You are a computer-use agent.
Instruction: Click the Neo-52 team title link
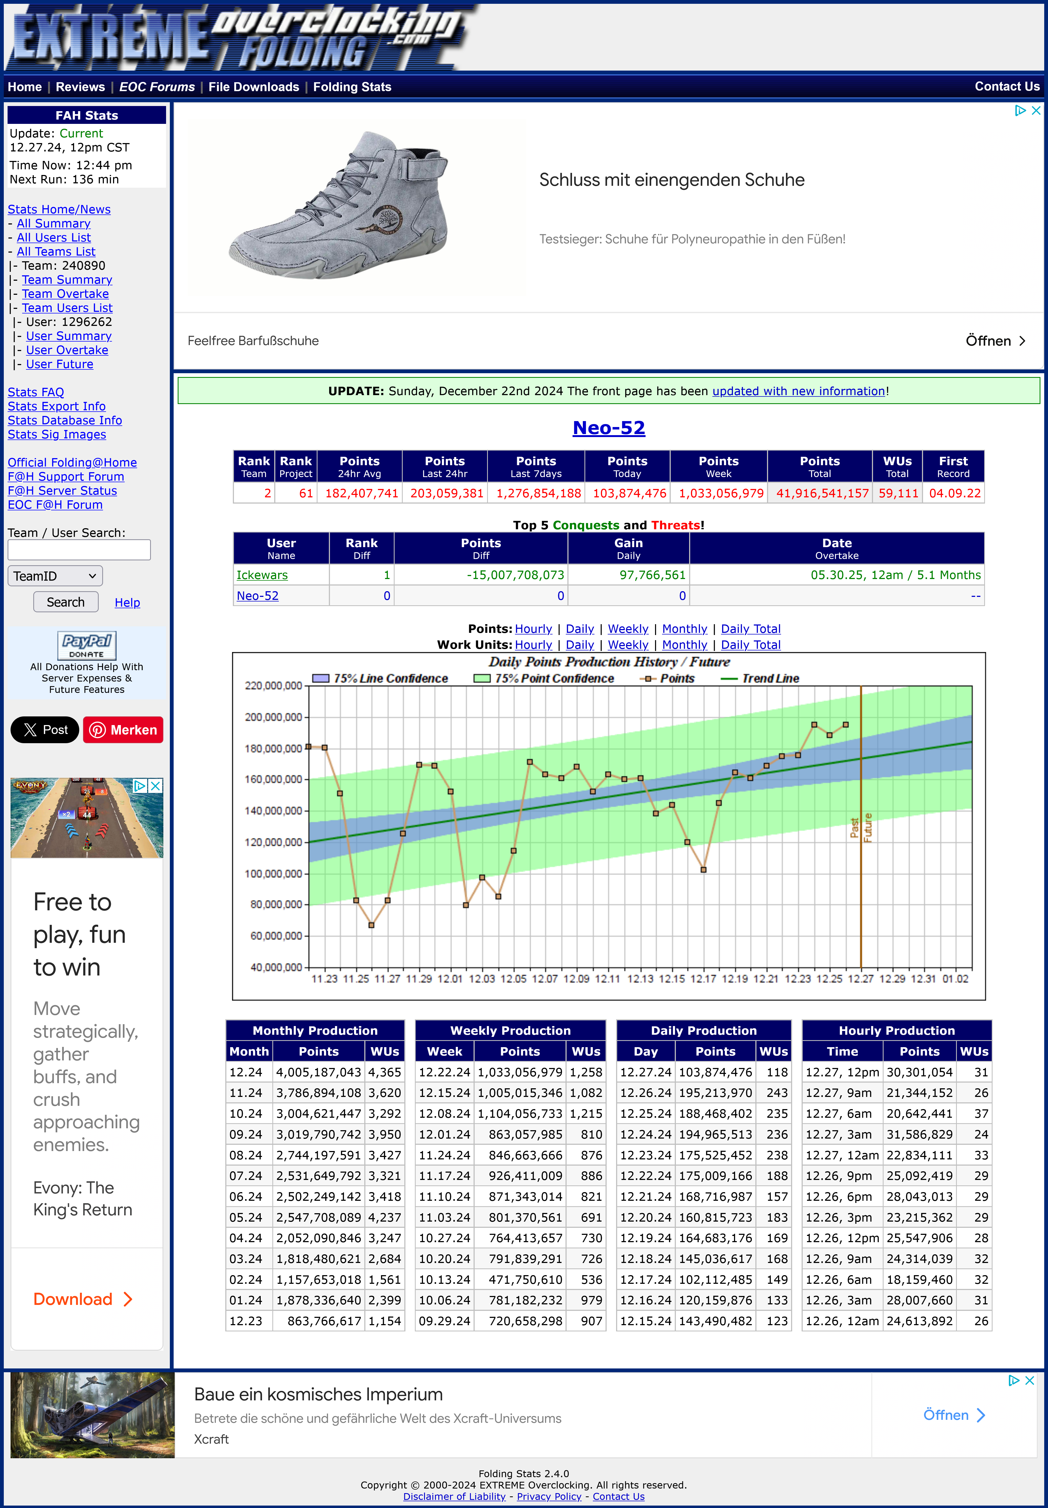pos(609,428)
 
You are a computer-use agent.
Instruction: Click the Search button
pos(66,602)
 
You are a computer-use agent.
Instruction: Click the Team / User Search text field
pos(79,550)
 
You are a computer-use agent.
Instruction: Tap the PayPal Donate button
pos(87,645)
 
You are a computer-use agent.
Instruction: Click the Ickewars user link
pos(262,575)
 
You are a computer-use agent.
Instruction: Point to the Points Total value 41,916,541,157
pos(822,493)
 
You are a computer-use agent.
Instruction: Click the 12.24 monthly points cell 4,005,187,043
pos(319,1072)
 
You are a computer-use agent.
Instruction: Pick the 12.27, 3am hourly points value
pos(919,1135)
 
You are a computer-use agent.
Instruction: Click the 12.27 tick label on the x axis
pos(860,979)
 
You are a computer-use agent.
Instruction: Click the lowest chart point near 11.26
pos(372,925)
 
